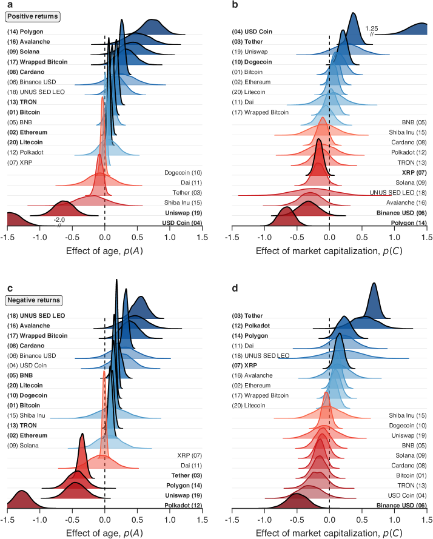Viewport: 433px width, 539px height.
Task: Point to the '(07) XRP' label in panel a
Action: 21,162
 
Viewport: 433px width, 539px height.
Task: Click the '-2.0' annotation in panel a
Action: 59,220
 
